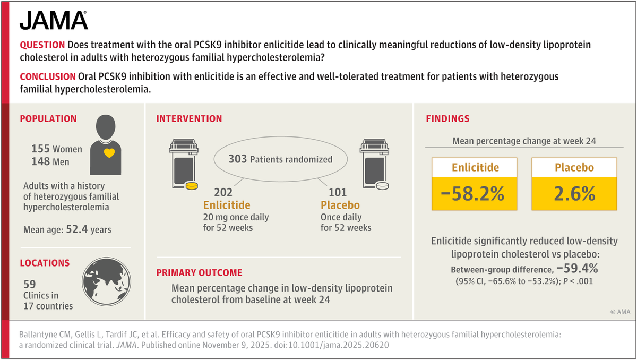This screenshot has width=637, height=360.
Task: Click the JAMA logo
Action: click(x=54, y=21)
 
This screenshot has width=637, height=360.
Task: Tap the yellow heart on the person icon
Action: click(x=109, y=153)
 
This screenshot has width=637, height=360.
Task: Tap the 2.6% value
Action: click(x=574, y=194)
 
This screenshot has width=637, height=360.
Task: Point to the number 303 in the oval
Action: click(x=237, y=159)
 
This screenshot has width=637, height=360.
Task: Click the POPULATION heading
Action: click(x=48, y=119)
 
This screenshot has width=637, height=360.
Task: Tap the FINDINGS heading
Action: click(x=447, y=119)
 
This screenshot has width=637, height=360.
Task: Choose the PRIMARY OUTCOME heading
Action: click(x=199, y=272)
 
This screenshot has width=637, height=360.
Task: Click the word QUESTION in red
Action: click(x=42, y=45)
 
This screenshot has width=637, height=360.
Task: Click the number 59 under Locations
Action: click(x=30, y=285)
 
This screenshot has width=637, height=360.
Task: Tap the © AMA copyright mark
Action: click(x=619, y=312)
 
